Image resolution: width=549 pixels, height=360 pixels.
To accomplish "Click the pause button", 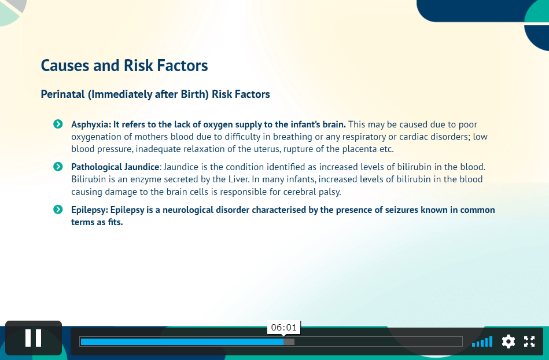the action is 33,338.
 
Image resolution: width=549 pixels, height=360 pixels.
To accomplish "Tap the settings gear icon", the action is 508,341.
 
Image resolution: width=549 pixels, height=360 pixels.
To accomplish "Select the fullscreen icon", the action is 529,341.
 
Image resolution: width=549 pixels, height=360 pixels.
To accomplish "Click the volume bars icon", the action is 482,341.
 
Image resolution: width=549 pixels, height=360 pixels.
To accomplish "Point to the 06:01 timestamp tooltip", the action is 283,328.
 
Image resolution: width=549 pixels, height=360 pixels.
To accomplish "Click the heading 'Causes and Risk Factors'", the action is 124,65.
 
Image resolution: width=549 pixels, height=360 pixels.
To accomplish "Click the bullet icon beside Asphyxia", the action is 58,124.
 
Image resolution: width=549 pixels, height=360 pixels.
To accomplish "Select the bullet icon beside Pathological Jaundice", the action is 58,166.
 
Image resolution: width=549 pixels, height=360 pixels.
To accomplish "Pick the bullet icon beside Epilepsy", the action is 58,210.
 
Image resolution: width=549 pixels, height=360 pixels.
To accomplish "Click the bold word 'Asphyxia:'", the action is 91,124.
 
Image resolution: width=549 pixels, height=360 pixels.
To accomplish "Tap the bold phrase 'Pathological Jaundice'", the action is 115,167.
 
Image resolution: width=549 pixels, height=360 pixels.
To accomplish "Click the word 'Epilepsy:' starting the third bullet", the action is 90,210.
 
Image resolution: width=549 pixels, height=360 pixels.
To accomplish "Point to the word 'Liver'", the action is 238,179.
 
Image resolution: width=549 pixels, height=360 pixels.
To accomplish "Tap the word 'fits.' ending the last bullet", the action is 115,222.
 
